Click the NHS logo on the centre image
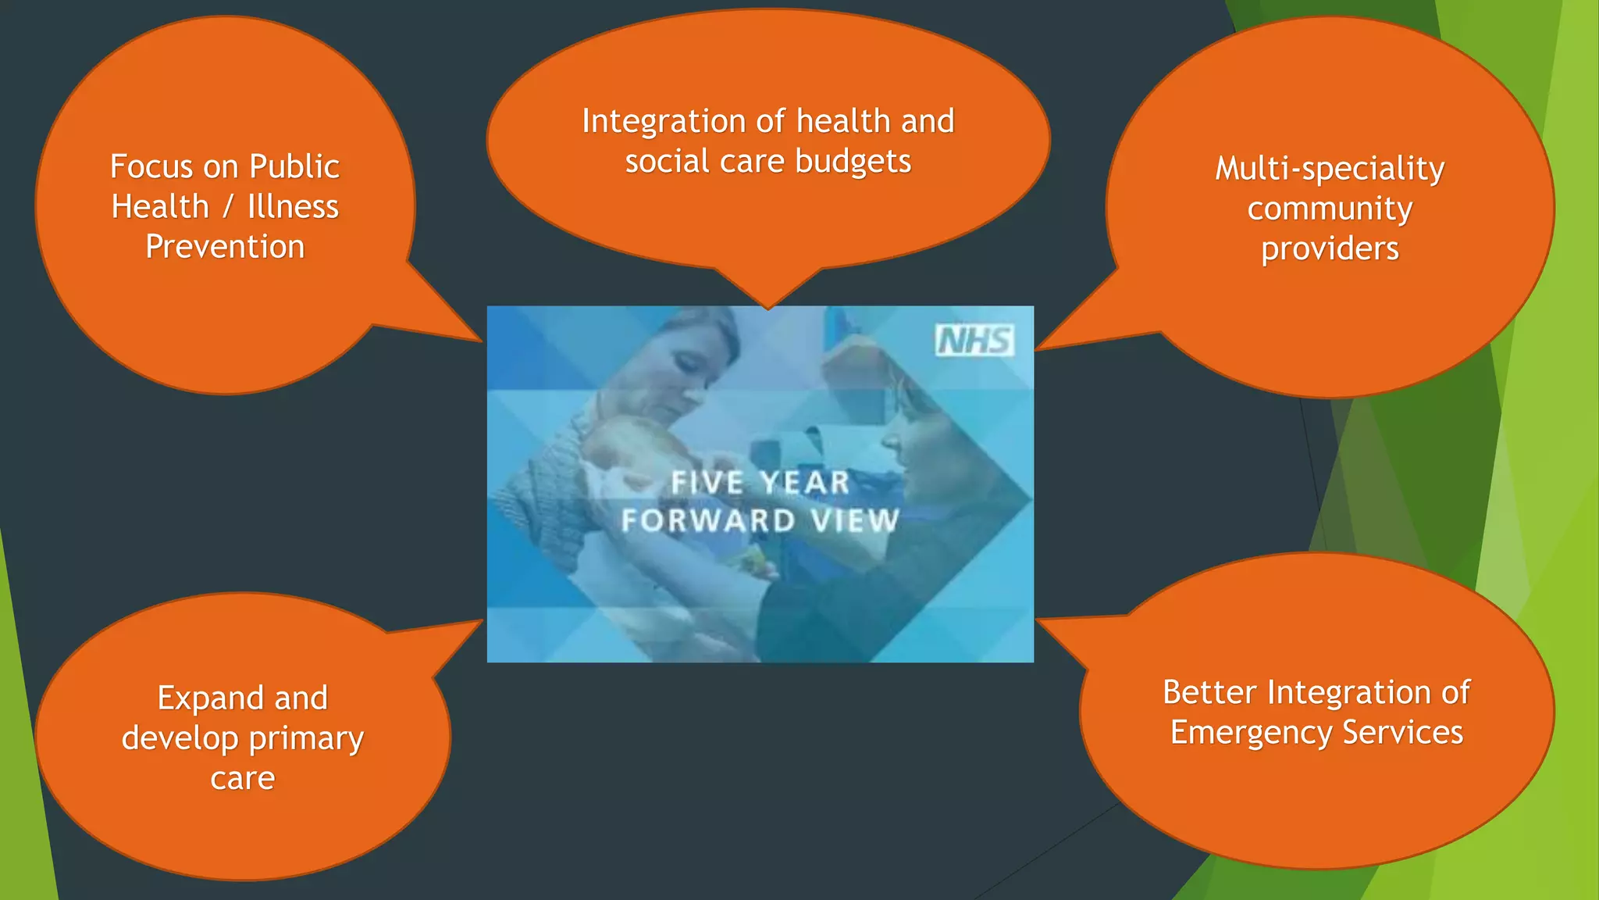point(974,341)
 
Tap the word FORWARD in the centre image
point(708,520)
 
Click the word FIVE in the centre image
point(707,482)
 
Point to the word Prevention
point(225,247)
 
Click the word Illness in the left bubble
point(293,207)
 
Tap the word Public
point(294,166)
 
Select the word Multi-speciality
point(1330,170)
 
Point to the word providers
point(1330,249)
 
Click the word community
point(1330,209)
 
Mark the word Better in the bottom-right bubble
point(1209,692)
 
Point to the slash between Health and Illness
point(228,207)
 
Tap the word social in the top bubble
point(667,162)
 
